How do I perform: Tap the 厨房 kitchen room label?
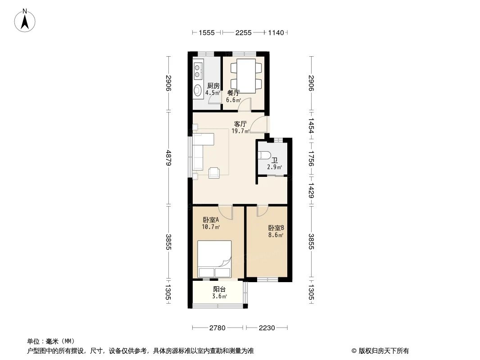[213, 85]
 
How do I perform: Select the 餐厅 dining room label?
[233, 93]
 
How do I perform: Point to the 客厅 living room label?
[240, 124]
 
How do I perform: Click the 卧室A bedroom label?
[211, 220]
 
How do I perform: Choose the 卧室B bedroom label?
[276, 228]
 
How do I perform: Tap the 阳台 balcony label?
[219, 289]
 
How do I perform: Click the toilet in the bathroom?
[265, 156]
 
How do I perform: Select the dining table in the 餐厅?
[246, 76]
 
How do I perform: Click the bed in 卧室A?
[214, 259]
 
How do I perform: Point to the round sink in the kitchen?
[198, 90]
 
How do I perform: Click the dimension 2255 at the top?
[244, 32]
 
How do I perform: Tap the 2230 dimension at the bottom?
[267, 328]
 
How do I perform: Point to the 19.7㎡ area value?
[240, 131]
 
